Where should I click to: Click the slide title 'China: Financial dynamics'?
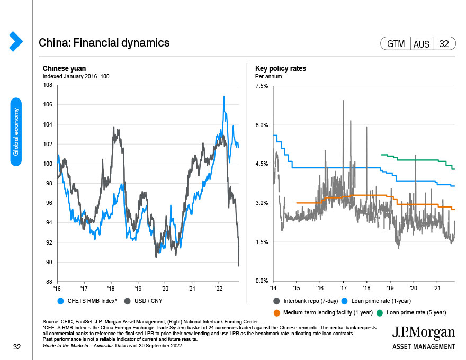[104, 43]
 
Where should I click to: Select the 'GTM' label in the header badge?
[396, 44]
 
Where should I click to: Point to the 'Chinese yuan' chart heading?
[64, 69]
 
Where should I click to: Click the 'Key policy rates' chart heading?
[281, 69]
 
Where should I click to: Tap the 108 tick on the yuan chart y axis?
[47, 85]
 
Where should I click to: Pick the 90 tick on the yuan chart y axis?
[48, 262]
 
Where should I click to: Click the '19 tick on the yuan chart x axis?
[137, 289]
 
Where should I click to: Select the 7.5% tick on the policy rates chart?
[262, 86]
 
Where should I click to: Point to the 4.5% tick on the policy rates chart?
[262, 164]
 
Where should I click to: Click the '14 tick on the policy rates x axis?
[272, 289]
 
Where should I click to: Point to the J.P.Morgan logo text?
[423, 332]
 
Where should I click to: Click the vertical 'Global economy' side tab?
[16, 132]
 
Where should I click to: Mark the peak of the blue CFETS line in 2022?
[224, 96]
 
